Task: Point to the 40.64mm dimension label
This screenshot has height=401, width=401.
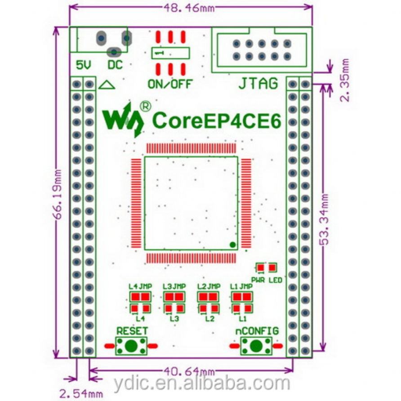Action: coord(189,372)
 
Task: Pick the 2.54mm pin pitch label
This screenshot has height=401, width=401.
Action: coord(81,394)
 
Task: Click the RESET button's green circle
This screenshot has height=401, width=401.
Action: coord(131,346)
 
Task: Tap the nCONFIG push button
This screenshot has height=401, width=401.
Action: coord(256,346)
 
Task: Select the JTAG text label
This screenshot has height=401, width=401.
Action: coord(258,83)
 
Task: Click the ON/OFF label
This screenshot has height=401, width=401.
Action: coord(170,83)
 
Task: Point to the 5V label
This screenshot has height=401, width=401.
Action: coord(84,65)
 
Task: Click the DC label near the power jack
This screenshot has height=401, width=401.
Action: coord(115,65)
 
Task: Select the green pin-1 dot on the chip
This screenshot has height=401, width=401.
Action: coord(232,245)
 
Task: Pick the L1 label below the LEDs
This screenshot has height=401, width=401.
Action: coord(243,319)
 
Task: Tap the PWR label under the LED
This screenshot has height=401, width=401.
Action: coord(258,280)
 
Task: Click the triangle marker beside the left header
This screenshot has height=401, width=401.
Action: coord(107,84)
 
